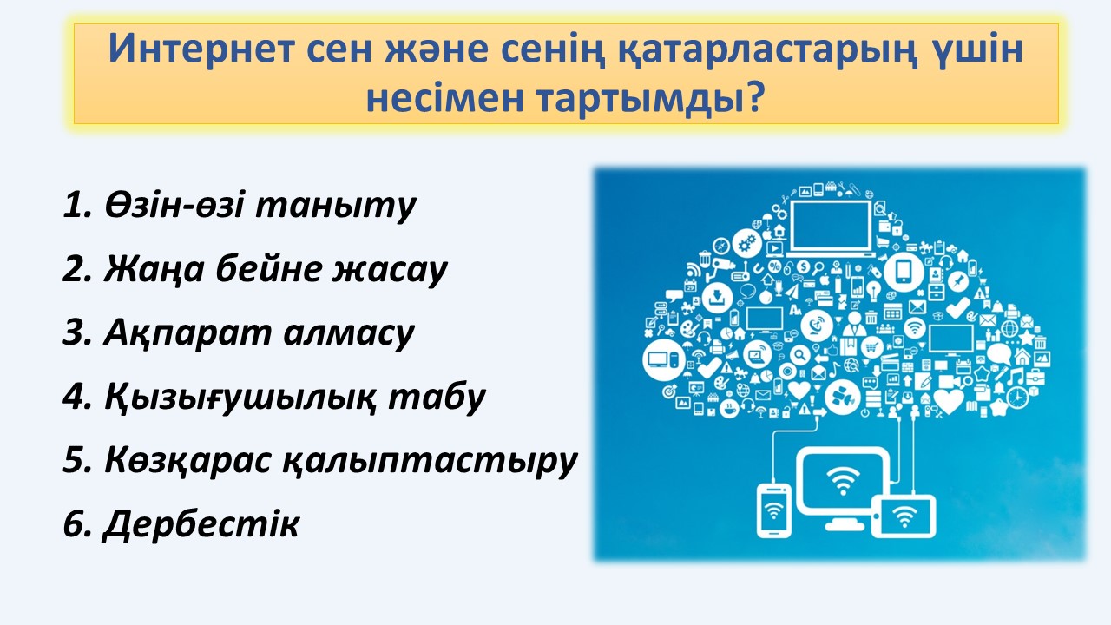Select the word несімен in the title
pos(445,98)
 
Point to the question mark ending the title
pos(753,96)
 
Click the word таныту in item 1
pos(335,206)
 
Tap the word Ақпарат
pos(187,333)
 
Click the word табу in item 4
pos(437,397)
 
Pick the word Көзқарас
pos(188,460)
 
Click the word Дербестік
pos(201,523)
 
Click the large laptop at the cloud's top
pos(830,228)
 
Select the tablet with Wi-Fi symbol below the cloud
pos(904,516)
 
